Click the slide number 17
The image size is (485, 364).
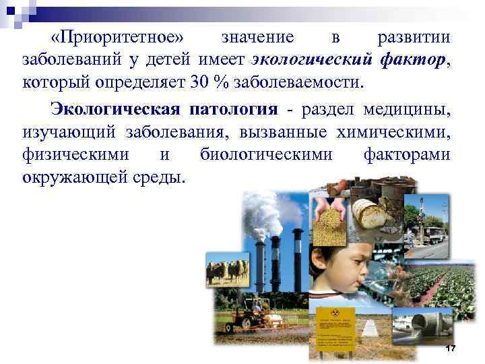tap(451, 348)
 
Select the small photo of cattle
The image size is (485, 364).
tap(228, 270)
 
